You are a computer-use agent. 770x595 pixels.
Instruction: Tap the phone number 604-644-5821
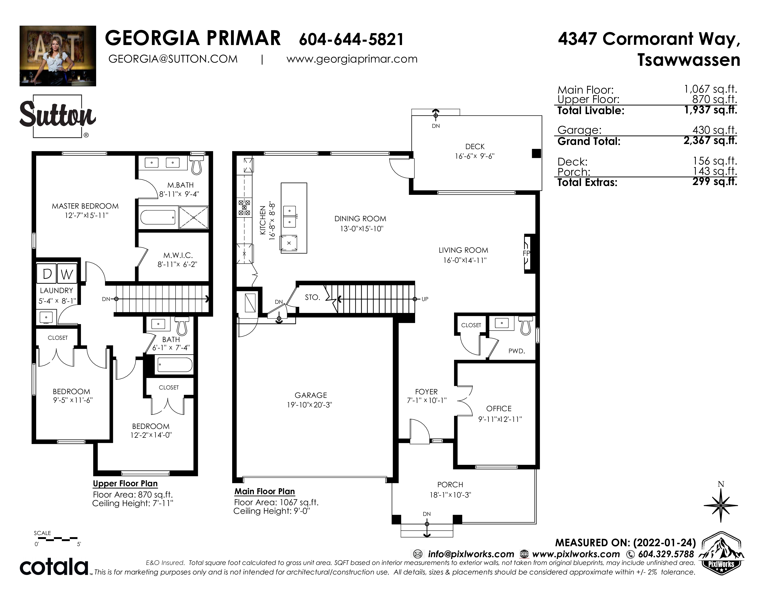point(351,39)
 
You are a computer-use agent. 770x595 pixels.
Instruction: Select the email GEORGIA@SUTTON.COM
point(173,59)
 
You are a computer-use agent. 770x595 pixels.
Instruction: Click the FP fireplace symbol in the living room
point(527,253)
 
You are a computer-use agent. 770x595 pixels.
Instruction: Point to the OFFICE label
point(499,409)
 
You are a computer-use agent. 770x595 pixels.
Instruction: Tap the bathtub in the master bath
point(158,217)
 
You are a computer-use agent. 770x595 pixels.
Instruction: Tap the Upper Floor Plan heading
point(125,484)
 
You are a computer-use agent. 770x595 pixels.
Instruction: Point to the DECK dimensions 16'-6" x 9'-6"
point(475,156)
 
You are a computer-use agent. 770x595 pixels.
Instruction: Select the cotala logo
point(54,567)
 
